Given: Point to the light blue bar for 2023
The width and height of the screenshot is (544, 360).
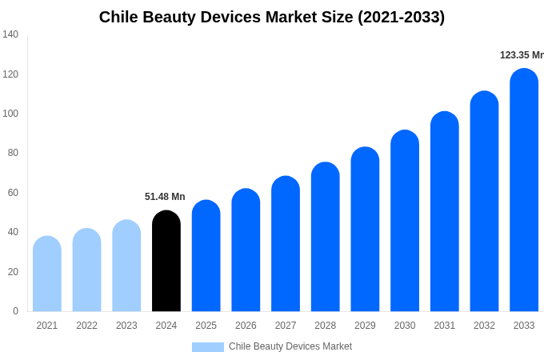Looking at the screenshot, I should coord(126,266).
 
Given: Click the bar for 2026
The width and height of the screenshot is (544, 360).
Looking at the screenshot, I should coord(246,250).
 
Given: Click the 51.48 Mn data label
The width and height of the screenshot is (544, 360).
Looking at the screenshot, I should coord(165,197).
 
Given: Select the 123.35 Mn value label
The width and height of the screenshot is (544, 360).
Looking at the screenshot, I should coord(522,55).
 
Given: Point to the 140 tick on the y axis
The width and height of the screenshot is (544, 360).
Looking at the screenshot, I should coord(10,34).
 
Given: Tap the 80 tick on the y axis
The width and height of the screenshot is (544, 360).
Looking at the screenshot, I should coord(13,153).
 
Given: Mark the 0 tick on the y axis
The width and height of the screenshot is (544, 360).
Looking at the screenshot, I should coord(15,311).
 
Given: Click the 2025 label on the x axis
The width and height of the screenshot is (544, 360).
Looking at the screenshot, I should coord(206,326).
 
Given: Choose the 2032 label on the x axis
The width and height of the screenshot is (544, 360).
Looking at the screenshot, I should coord(484,326).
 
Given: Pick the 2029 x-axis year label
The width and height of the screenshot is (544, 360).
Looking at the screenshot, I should coord(365,326).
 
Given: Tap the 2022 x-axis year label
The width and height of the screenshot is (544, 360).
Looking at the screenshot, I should coord(86,326).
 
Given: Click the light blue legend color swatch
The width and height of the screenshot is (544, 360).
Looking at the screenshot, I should coord(208,347).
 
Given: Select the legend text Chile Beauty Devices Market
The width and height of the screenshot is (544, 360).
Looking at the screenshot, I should coord(290,346).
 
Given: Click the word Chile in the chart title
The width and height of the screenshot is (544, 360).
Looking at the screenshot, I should coord(119,17).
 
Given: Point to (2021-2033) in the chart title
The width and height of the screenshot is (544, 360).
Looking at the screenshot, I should coord(397,17).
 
